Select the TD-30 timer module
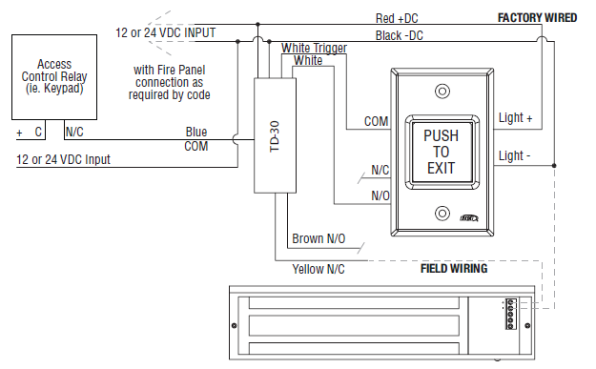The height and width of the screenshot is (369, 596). coord(274,134)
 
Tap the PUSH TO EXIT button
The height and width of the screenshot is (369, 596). coord(440,153)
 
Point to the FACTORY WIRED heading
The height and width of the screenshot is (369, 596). coord(537,18)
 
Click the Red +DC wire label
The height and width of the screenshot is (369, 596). coord(396,18)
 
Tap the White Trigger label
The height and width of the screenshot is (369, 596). coord(315,48)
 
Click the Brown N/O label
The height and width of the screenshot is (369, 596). coord(318,240)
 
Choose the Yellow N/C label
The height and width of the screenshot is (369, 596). coord(319,270)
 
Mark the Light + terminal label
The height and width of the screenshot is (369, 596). coord(516,118)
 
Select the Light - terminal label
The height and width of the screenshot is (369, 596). coord(516,154)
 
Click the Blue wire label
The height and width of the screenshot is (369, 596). coord(196,133)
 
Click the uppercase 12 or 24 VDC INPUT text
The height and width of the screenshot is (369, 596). coord(165,32)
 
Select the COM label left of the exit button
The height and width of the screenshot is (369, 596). coord(375,122)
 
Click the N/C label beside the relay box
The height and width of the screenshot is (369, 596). coord(74,133)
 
